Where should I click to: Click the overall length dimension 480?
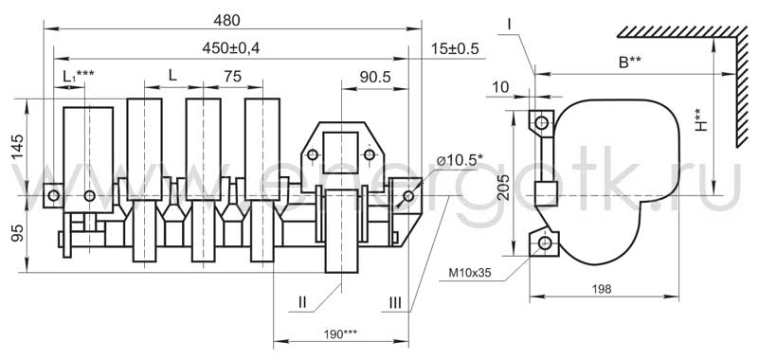tap(228, 20)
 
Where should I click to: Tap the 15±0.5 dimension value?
tap(455, 48)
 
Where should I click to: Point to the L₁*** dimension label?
tap(79, 76)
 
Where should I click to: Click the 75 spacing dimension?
tap(232, 77)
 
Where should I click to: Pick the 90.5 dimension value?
tap(374, 77)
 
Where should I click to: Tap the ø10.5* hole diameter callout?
tap(460, 161)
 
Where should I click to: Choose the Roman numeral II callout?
tap(302, 303)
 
